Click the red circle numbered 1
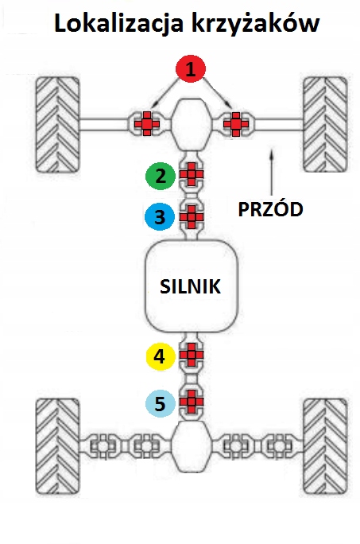click(x=191, y=68)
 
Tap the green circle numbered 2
click(x=161, y=176)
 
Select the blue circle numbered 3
click(x=160, y=217)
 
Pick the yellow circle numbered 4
click(x=160, y=356)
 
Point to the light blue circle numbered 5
click(x=160, y=403)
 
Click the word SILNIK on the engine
click(x=191, y=286)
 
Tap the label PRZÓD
click(x=270, y=209)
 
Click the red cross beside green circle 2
click(x=191, y=174)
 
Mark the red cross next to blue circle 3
click(x=191, y=217)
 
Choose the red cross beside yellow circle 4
click(x=191, y=355)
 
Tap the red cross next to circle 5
click(x=191, y=402)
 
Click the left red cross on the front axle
click(x=147, y=123)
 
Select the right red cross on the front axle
click(x=236, y=123)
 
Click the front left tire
click(x=58, y=125)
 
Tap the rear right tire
click(x=325, y=447)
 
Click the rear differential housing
click(x=192, y=446)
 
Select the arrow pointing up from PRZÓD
click(x=272, y=172)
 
